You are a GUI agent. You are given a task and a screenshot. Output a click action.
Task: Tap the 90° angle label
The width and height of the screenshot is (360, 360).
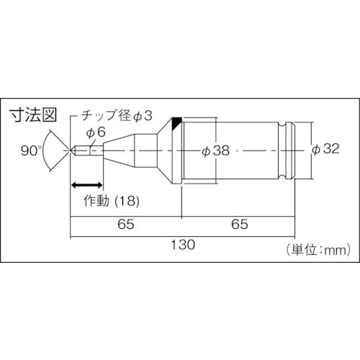(x=30, y=150)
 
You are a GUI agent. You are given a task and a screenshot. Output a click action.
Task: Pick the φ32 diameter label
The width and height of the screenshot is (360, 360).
(x=326, y=150)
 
